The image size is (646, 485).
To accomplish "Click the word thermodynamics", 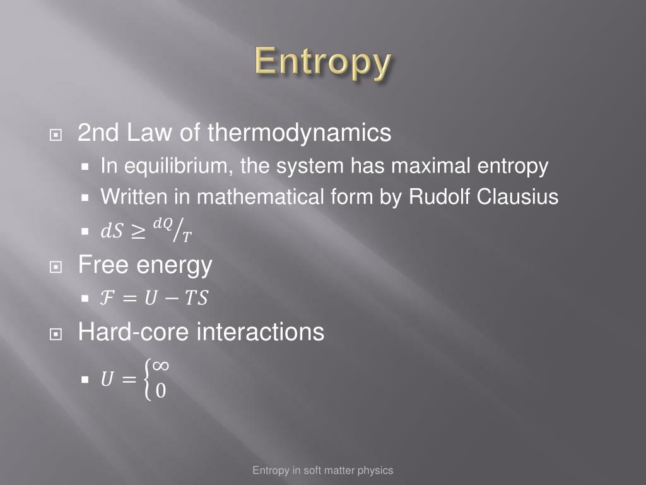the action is [x=299, y=133].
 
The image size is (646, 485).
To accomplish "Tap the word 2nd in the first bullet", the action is [x=98, y=133].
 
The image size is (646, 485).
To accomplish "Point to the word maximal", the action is [x=430, y=166].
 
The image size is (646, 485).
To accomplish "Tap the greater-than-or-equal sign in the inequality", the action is [x=138, y=232].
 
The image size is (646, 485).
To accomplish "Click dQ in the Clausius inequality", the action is [x=163, y=224].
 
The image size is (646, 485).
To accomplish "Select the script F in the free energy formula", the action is [x=107, y=298].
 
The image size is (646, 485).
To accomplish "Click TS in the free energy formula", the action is [x=197, y=298].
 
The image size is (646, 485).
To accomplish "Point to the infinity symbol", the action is [x=160, y=366].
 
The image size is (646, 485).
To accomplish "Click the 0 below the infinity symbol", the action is [x=161, y=390].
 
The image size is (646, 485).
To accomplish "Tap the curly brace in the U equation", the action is [x=148, y=380].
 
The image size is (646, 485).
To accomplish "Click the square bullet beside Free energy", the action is [x=56, y=267].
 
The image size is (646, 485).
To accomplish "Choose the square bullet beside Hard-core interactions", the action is [x=56, y=334].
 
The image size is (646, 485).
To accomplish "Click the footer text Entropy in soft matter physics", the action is [x=322, y=470].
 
